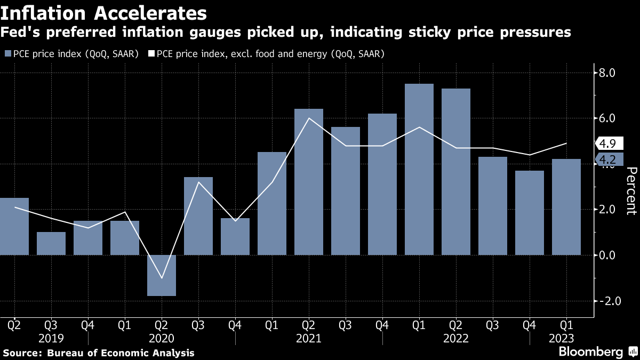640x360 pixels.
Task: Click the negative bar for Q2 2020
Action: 162,275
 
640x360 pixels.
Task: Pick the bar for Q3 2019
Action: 51,243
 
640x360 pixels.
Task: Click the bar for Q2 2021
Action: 309,182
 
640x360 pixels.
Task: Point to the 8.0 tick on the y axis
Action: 609,73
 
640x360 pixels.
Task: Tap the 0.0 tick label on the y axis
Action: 609,255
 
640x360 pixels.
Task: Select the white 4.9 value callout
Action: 607,143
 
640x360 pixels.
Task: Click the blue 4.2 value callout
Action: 607,159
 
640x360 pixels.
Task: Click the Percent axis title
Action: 631,190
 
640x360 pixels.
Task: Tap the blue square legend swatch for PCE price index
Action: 7,53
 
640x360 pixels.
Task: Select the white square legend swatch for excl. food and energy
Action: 151,53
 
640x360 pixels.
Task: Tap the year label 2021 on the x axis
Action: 309,338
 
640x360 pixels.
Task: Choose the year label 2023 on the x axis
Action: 562,338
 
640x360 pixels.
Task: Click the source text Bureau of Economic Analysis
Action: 121,353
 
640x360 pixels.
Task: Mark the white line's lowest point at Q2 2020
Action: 162,278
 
